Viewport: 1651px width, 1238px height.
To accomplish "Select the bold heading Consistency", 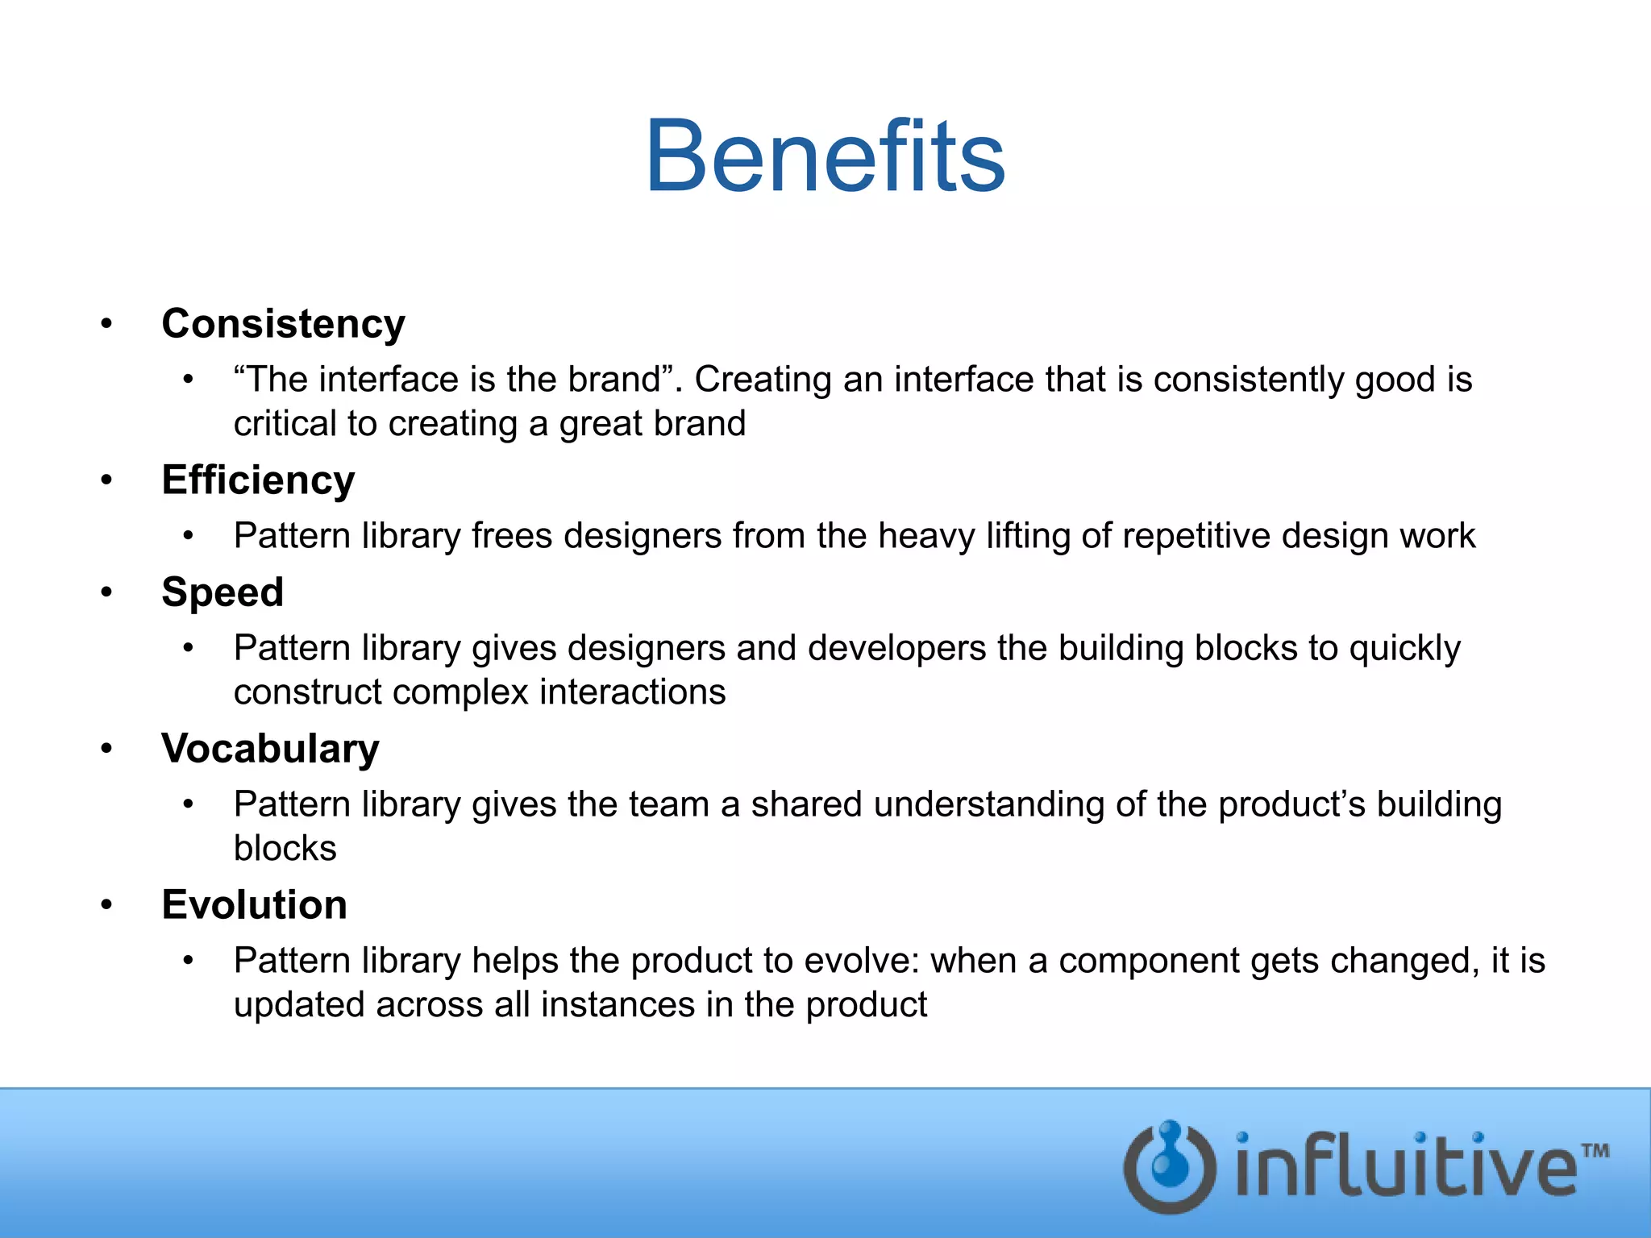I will pyautogui.click(x=283, y=324).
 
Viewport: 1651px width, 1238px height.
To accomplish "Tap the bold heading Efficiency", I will pyautogui.click(x=258, y=480).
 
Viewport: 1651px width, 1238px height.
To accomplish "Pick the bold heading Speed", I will pyautogui.click(x=222, y=592).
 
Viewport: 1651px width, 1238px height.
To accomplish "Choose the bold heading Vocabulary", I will pyautogui.click(x=270, y=749).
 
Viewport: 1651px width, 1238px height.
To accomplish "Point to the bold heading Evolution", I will pyautogui.click(x=254, y=905).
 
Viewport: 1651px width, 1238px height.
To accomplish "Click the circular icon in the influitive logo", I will pyautogui.click(x=1170, y=1166).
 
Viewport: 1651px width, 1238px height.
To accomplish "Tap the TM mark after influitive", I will pyautogui.click(x=1595, y=1150).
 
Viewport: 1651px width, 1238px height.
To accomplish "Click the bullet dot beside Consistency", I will pyautogui.click(x=106, y=324).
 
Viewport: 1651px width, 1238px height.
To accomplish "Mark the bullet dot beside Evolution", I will pyautogui.click(x=106, y=905).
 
